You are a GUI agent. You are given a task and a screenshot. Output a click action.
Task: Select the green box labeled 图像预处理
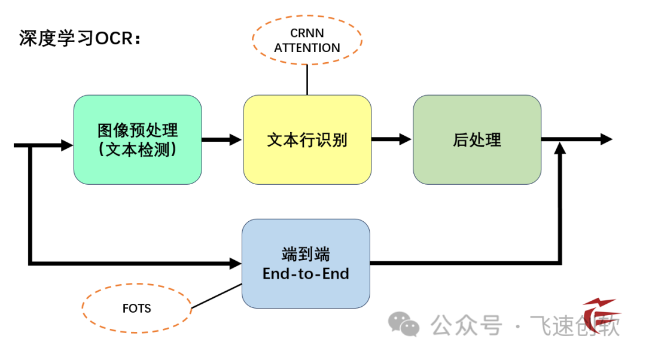[x=138, y=139]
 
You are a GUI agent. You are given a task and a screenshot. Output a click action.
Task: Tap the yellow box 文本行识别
[x=307, y=139]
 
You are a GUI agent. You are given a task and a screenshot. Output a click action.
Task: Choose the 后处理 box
[x=477, y=139]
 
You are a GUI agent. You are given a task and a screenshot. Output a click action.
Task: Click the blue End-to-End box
[x=306, y=264]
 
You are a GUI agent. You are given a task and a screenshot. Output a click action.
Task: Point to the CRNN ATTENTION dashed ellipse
[x=307, y=39]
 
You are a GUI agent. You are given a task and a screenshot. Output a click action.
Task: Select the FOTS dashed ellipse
[x=136, y=309]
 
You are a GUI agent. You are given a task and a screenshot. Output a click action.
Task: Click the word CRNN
[x=307, y=33]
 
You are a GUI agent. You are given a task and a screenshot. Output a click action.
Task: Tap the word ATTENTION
[x=307, y=48]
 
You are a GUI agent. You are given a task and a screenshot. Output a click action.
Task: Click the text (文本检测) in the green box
[x=138, y=150]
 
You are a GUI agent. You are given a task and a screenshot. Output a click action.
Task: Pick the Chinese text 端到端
[x=306, y=255]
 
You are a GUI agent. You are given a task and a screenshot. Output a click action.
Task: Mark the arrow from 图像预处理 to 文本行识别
[x=222, y=139]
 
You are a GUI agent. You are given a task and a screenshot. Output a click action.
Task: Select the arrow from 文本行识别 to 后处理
[x=392, y=139]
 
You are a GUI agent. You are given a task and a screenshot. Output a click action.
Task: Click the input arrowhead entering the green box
[x=66, y=145]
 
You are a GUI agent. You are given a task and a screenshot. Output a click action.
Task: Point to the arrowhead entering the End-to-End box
[x=235, y=263]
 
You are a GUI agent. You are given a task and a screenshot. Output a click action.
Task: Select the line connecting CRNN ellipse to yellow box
[x=307, y=80]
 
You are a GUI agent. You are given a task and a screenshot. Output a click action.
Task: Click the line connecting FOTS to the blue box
[x=216, y=296]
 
